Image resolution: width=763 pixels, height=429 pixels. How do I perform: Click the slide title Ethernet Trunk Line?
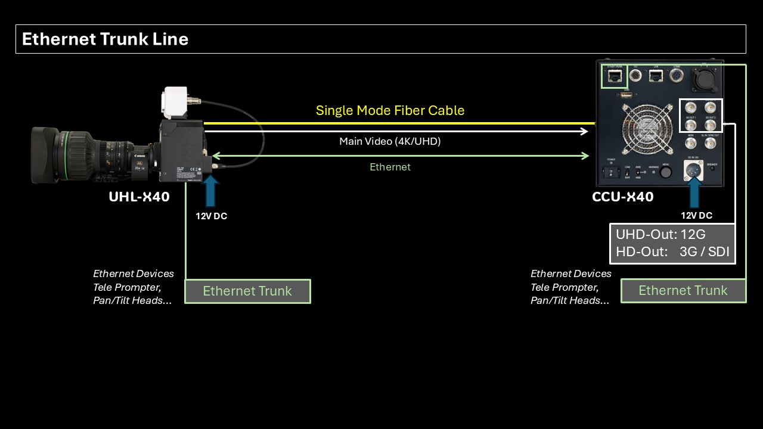click(x=105, y=39)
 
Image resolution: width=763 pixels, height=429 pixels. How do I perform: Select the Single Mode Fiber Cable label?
click(x=390, y=110)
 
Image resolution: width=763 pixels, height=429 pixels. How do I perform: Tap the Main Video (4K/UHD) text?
click(x=390, y=141)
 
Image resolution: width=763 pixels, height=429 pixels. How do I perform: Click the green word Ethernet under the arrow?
click(x=390, y=167)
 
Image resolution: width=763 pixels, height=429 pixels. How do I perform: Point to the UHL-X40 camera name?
click(x=139, y=197)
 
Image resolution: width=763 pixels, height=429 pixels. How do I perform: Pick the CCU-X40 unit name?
click(x=622, y=197)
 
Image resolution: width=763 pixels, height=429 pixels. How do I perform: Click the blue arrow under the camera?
click(x=210, y=192)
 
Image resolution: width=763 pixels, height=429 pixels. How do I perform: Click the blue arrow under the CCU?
click(x=694, y=192)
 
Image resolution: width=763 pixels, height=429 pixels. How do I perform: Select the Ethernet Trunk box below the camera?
click(x=247, y=291)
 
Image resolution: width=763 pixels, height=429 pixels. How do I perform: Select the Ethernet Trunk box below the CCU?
click(x=683, y=291)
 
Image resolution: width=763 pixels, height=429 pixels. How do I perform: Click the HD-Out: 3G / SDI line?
click(x=672, y=251)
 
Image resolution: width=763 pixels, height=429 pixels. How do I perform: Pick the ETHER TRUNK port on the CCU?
click(x=613, y=76)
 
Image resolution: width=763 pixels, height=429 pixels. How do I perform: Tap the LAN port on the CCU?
click(x=656, y=76)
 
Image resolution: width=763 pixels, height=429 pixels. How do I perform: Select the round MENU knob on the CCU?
click(x=666, y=172)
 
